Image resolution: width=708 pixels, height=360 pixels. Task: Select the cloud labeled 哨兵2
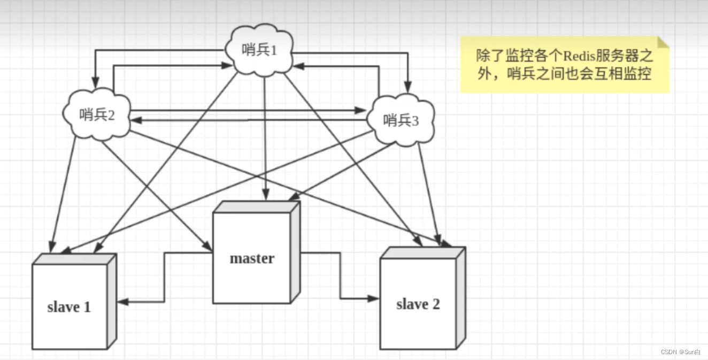click(97, 114)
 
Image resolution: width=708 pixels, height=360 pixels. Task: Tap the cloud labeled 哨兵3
click(401, 121)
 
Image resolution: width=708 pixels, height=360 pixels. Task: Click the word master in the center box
click(252, 258)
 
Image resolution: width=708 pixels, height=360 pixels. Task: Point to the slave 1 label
click(69, 307)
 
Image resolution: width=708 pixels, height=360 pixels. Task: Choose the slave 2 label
click(418, 304)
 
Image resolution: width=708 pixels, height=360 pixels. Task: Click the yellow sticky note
click(564, 65)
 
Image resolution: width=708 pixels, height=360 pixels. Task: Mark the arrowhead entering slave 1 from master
click(122, 302)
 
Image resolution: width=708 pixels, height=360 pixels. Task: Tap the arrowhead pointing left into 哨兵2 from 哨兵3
click(134, 120)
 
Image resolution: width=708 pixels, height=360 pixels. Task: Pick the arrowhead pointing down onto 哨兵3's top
click(408, 85)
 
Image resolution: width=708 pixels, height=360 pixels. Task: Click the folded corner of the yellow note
click(663, 42)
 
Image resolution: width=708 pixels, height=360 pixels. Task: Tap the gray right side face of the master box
click(295, 254)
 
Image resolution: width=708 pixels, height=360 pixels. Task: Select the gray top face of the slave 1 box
click(74, 259)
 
